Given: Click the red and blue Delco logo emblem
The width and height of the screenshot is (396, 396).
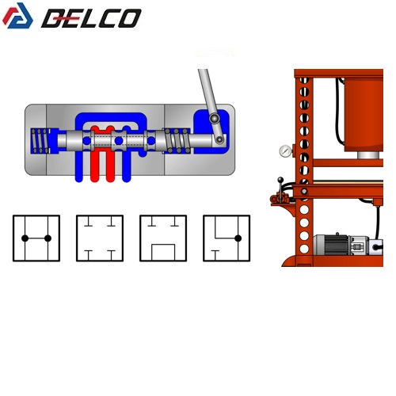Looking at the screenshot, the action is [17, 16].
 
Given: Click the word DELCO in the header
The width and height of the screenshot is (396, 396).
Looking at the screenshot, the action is [91, 18].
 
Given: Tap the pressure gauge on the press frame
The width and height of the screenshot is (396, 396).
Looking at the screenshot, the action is [285, 151].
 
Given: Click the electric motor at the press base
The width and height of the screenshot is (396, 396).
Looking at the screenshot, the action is [341, 244].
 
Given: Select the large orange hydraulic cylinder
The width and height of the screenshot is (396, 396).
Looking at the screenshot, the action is [364, 115].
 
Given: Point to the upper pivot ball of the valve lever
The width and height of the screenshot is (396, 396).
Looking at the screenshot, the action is [215, 118].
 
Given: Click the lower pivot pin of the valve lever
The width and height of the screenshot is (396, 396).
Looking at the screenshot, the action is [219, 139].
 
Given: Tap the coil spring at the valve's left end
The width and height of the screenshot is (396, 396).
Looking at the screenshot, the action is [40, 141].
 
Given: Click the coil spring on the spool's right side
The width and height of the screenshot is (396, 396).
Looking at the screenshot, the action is [177, 141].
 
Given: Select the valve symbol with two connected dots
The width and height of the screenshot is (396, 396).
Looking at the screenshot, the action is [36, 238].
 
